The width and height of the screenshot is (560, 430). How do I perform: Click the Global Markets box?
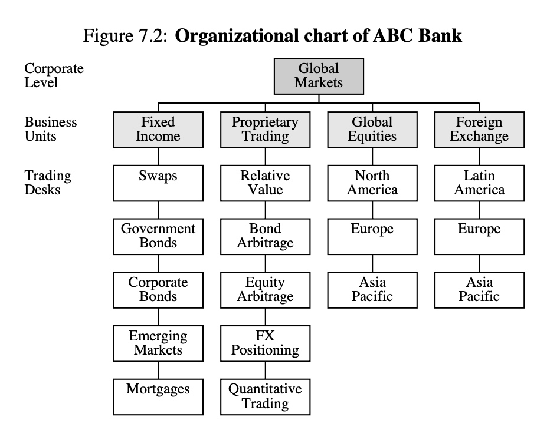click(319, 77)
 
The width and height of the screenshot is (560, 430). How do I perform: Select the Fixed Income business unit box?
click(158, 130)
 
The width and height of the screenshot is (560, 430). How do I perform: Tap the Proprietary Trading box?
click(266, 130)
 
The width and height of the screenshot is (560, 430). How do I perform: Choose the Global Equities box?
click(372, 130)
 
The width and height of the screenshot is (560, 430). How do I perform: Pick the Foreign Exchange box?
click(479, 130)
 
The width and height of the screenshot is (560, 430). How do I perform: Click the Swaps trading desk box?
click(158, 183)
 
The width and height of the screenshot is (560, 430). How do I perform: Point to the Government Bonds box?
click(158, 237)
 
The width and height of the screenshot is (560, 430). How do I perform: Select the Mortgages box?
click(158, 397)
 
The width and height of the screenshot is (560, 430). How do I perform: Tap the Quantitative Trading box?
click(266, 397)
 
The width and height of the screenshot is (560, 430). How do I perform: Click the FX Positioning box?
click(266, 343)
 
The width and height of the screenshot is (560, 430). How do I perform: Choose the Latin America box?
click(479, 183)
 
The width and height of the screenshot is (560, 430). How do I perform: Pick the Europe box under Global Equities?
click(372, 237)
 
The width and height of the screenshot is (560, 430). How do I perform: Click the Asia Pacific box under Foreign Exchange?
click(479, 290)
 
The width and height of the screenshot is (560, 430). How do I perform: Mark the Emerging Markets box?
click(158, 343)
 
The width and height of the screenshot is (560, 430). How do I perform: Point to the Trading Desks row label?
click(48, 183)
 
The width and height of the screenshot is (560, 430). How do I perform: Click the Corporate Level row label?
click(54, 75)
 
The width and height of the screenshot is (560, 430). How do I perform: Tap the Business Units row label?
click(51, 129)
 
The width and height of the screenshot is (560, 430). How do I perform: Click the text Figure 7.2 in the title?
click(125, 36)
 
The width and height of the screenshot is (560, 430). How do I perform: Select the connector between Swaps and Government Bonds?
click(158, 210)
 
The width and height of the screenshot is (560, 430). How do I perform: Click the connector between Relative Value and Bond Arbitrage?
click(266, 210)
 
